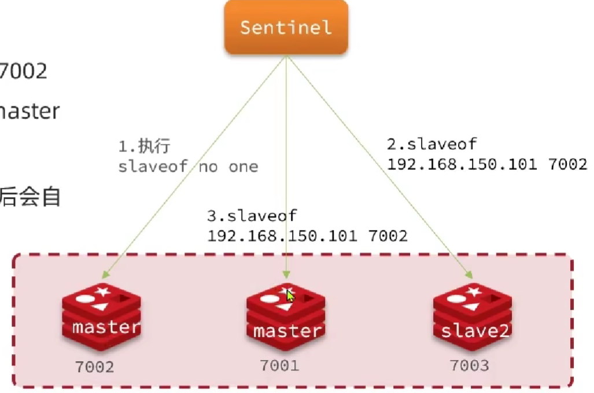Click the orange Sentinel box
(x=286, y=27)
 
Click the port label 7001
(x=279, y=365)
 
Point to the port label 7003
(x=469, y=365)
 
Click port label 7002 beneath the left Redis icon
(x=95, y=366)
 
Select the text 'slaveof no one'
(x=188, y=167)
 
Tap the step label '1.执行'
(x=145, y=146)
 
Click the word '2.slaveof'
(x=431, y=144)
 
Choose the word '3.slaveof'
(x=252, y=216)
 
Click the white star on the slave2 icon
(x=474, y=292)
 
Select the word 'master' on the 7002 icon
(x=106, y=327)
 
